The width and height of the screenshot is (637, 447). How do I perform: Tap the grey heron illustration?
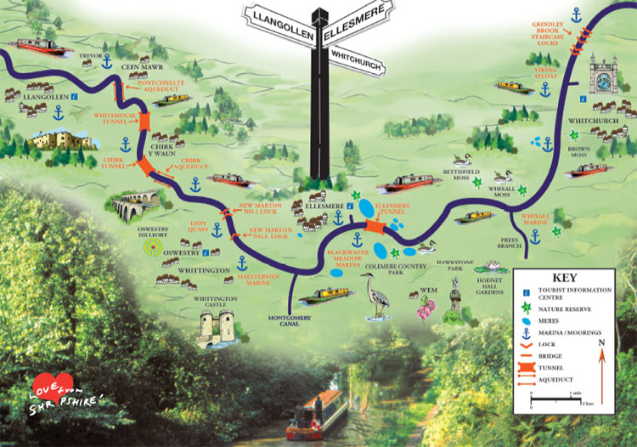coord(376,297)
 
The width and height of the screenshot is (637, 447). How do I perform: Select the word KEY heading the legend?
coord(565,278)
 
